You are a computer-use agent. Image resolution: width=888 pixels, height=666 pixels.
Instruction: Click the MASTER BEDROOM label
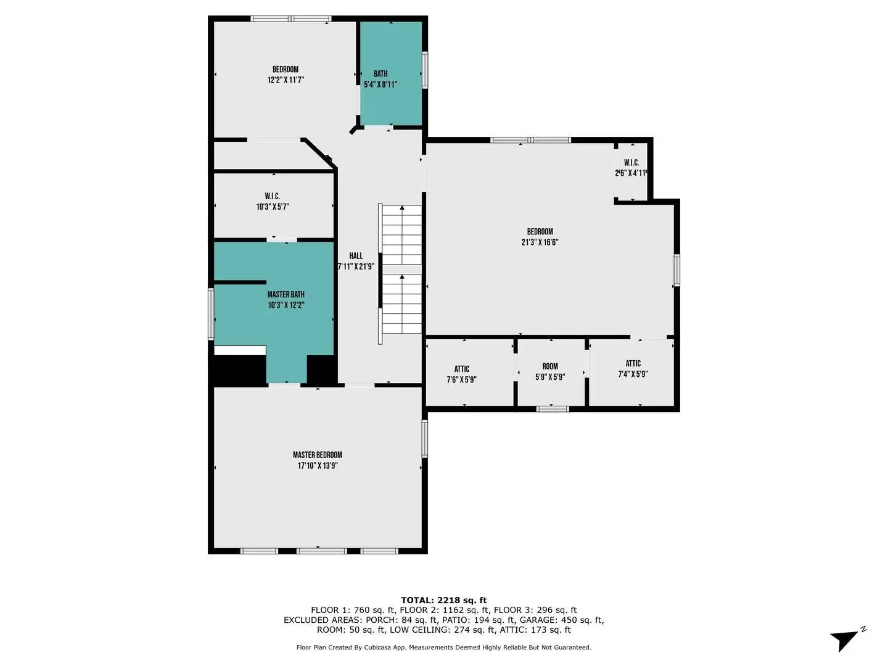(317, 455)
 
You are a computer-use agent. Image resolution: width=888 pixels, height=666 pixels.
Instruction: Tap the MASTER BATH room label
(286, 295)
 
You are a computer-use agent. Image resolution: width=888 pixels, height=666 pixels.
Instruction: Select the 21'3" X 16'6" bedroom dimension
(540, 242)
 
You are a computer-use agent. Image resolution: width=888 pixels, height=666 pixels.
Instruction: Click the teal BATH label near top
(380, 74)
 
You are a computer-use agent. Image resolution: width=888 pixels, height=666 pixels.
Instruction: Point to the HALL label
(356, 256)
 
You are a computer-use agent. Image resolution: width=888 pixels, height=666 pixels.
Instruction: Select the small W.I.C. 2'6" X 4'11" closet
(631, 168)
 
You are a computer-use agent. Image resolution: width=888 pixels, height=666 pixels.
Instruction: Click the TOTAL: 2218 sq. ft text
(443, 600)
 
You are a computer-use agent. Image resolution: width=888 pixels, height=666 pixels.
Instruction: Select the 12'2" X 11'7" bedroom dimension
(286, 80)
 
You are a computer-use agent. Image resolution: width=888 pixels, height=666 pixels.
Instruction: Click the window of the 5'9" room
(553, 408)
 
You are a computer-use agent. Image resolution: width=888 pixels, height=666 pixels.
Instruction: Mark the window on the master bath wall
(211, 313)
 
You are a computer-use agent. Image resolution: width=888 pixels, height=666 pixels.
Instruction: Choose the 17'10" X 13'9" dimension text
(317, 466)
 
